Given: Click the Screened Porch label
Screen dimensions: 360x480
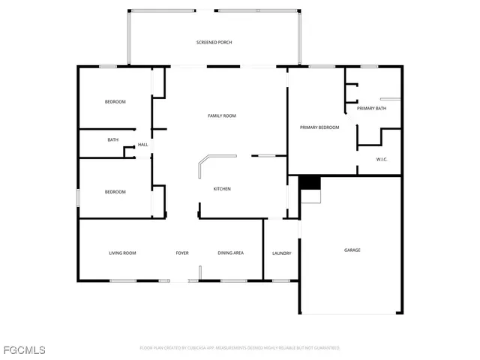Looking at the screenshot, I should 214,43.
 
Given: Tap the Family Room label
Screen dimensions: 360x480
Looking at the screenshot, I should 222,115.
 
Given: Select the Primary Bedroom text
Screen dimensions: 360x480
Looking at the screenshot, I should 319,127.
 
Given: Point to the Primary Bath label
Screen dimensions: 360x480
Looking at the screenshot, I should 371,109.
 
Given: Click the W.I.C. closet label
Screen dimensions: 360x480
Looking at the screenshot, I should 382,159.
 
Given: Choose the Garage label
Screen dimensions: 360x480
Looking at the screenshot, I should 352,250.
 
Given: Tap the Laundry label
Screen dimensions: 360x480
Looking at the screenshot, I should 281,253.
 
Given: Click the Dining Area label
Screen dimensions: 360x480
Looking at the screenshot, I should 230,253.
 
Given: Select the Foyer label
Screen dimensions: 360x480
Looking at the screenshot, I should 182,253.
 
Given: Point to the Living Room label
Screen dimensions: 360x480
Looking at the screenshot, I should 122,253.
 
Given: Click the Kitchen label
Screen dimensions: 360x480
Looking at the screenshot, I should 222,188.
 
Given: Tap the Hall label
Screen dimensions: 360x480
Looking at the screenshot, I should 142,145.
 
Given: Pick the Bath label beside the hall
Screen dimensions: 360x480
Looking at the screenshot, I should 112,139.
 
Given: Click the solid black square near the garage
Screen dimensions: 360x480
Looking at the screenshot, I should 309,182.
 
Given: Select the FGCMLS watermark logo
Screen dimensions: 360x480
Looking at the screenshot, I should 24,349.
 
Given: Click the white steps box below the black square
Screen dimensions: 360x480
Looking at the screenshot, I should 310,196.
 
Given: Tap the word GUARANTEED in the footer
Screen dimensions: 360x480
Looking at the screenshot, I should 325,348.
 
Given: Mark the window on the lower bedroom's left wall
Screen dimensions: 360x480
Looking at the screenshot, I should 79,196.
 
